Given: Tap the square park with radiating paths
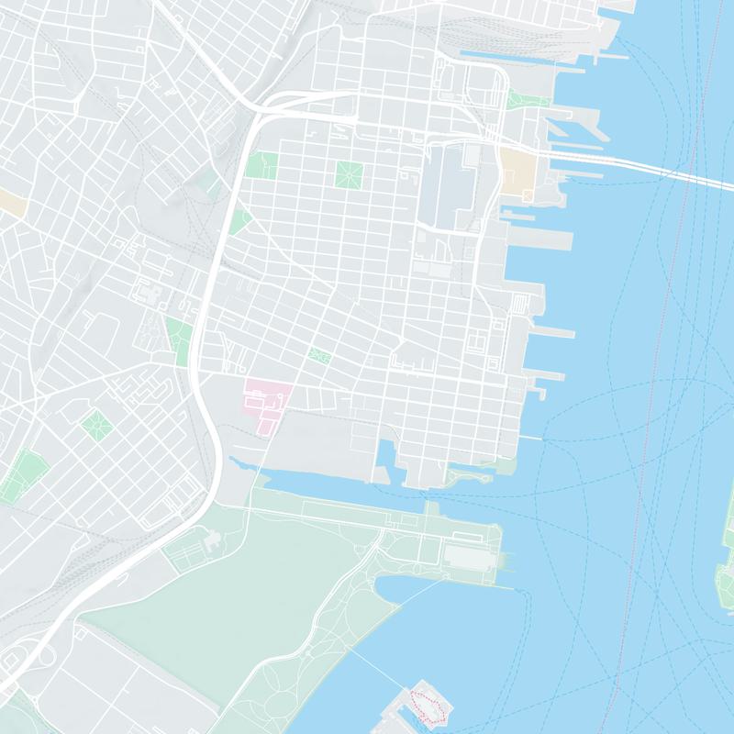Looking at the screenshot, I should (349, 173).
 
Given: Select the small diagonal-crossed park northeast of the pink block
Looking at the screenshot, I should (319, 355).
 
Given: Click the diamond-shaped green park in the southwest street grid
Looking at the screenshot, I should (95, 424).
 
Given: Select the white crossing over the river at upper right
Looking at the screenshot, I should (661, 170).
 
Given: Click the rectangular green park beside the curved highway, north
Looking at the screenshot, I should (261, 166).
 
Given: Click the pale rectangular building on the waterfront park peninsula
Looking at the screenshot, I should (470, 556).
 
